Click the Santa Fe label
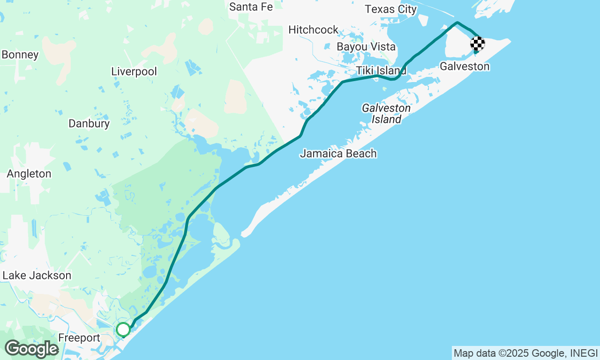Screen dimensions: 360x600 [251, 7]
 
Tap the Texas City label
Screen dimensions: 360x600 [390, 9]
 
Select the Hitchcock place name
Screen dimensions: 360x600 [313, 30]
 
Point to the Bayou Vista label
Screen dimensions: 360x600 [366, 47]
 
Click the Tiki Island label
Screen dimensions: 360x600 [381, 71]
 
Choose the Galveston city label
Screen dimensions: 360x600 [464, 67]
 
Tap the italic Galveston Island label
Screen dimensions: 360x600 [386, 114]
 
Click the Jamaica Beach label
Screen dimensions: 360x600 [338, 154]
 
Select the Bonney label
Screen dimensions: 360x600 [20, 55]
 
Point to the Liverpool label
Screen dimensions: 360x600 [134, 72]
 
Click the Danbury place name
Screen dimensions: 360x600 [89, 124]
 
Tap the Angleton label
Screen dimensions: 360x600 [29, 174]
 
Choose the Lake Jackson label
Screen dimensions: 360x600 [37, 276]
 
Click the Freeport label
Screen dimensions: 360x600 [79, 338]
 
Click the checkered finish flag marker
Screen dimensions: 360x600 [477, 44]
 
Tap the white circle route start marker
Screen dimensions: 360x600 [123, 330]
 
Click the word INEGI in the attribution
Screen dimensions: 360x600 [584, 353]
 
